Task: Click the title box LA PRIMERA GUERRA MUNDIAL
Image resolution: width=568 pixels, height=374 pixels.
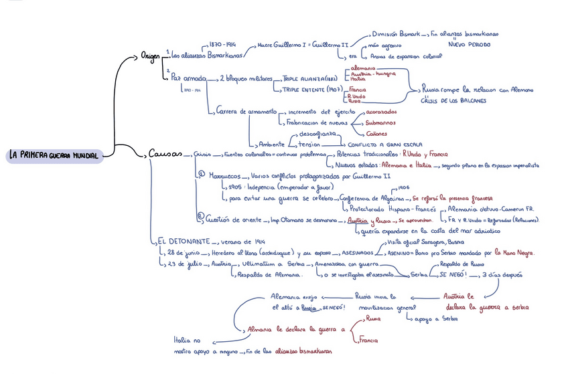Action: pos(54,155)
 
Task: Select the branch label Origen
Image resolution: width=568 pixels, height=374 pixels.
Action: pos(150,54)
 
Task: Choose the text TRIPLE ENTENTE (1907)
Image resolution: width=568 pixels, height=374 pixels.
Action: pos(313,90)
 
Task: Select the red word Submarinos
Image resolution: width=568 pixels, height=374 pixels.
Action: pos(380,122)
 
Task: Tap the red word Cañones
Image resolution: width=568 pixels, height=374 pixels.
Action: pos(378,133)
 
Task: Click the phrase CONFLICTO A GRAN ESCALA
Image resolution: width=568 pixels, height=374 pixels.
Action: pos(383,144)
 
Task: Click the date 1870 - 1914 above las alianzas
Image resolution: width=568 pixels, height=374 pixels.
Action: pos(222,43)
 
